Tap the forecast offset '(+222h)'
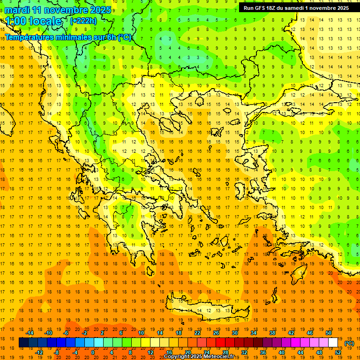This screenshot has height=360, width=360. click(x=83, y=21)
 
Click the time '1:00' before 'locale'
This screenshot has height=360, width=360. click(x=16, y=21)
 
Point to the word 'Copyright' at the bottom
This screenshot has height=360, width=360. click(x=178, y=357)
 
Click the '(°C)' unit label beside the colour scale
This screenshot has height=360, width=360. click(x=349, y=343)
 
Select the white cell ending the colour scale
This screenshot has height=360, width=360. click(x=333, y=343)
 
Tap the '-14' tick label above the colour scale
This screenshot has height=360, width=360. click(x=30, y=333)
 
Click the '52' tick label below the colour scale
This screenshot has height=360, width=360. click(x=337, y=352)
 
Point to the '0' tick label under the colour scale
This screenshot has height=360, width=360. click(x=92, y=352)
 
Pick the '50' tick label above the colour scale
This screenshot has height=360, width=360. click(x=329, y=333)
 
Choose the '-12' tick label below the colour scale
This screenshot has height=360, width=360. click(x=39, y=352)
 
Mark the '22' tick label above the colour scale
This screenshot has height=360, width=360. click(x=197, y=333)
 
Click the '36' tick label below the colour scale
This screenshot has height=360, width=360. click(x=262, y=352)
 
